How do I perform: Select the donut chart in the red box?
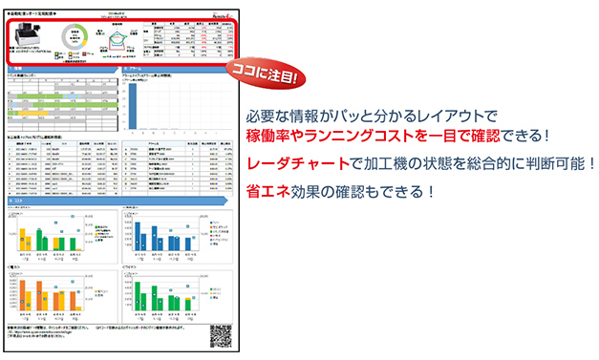(74, 35)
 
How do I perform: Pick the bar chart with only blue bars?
(158, 231)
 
